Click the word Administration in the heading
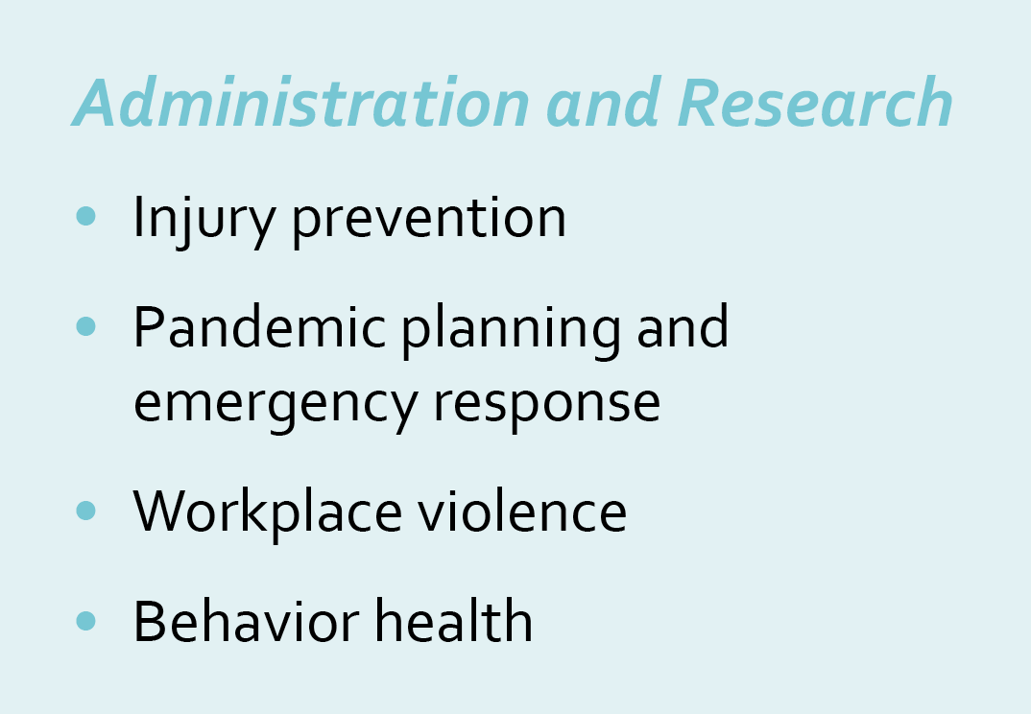300,103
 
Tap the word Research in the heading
815,103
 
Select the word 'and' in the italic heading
604,103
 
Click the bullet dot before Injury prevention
86,216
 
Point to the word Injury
204,220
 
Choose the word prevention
429,221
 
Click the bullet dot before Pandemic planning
86,326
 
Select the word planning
511,330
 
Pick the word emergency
276,405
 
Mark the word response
547,405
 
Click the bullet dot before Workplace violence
86,511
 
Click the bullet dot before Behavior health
86,621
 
